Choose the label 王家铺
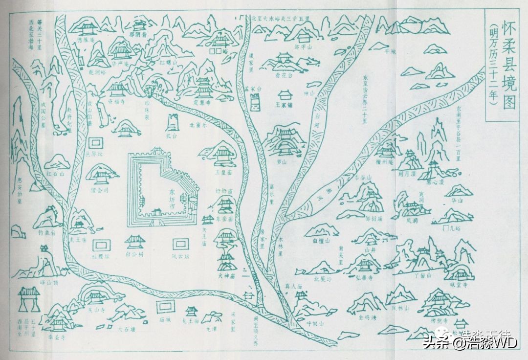(x=284, y=104)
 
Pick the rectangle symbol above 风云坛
(x=179, y=244)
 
